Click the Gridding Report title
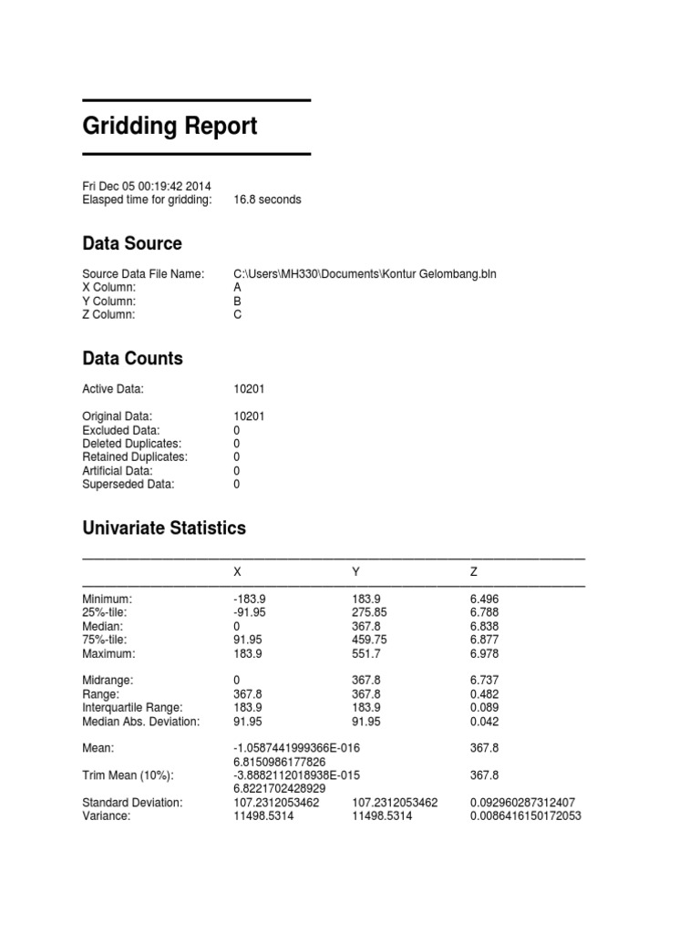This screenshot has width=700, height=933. point(170,126)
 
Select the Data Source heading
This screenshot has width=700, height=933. point(131,243)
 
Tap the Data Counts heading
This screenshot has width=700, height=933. point(132,358)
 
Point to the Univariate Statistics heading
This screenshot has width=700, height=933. point(163,528)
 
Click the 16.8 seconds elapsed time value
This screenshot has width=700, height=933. point(267,200)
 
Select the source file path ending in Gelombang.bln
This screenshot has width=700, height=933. point(365,273)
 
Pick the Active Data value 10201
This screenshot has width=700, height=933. point(249,389)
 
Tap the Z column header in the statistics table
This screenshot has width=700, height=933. point(474,571)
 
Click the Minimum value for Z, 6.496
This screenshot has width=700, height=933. point(484,599)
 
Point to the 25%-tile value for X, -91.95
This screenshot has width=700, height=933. point(250,612)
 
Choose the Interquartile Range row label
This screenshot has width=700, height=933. point(132,707)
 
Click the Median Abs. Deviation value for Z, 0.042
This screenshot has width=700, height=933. point(484,721)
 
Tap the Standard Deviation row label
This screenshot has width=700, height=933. point(132,803)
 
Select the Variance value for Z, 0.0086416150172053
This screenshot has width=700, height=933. point(525,816)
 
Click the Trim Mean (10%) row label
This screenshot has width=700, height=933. point(128,775)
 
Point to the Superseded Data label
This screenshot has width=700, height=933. point(128,484)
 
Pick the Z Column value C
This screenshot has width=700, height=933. point(238,314)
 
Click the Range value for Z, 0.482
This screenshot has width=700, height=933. point(484,693)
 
